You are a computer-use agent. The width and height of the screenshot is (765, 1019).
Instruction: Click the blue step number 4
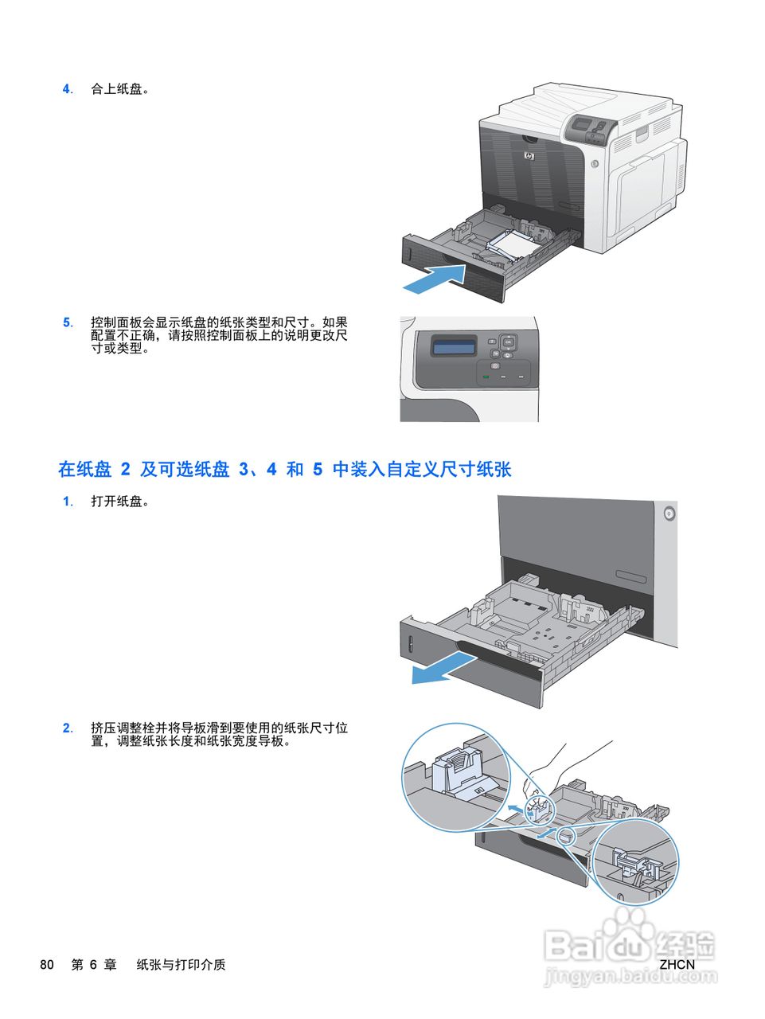(67, 89)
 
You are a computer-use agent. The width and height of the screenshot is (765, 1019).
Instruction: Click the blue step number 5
(67, 322)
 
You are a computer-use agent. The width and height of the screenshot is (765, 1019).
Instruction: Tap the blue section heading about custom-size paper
(284, 470)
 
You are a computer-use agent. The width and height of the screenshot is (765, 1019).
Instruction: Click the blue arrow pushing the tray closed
(434, 278)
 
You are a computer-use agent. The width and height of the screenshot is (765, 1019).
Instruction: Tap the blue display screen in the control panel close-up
(454, 346)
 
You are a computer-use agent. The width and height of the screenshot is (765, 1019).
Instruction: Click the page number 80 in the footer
(47, 965)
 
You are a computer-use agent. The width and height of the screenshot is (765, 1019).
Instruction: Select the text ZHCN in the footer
(677, 965)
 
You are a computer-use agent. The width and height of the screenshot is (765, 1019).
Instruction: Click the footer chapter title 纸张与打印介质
(181, 965)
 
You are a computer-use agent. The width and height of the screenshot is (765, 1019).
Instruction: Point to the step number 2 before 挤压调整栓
(67, 728)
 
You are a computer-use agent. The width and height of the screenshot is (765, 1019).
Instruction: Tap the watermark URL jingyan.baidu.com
(631, 977)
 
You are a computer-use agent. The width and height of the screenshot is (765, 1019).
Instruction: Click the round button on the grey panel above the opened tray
(669, 513)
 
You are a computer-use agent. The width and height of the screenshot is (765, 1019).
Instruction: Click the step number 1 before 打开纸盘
(67, 502)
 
